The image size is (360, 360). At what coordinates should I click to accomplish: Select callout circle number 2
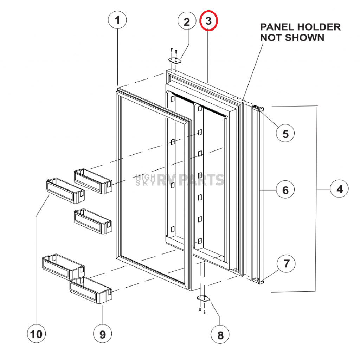pos(187,22)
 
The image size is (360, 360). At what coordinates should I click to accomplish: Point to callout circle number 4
pos(339,189)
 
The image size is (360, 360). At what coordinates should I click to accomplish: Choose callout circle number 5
pos(285,134)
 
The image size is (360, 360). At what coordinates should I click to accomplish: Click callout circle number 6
pos(285,190)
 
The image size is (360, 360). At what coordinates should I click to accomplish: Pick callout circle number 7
pos(286,263)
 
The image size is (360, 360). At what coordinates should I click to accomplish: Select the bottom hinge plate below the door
pos(203,298)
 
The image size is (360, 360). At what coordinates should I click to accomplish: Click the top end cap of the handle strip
pos(257,109)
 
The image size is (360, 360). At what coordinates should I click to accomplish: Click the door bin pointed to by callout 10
pos(65,191)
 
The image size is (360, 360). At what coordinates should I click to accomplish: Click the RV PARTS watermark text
pos(190,180)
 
